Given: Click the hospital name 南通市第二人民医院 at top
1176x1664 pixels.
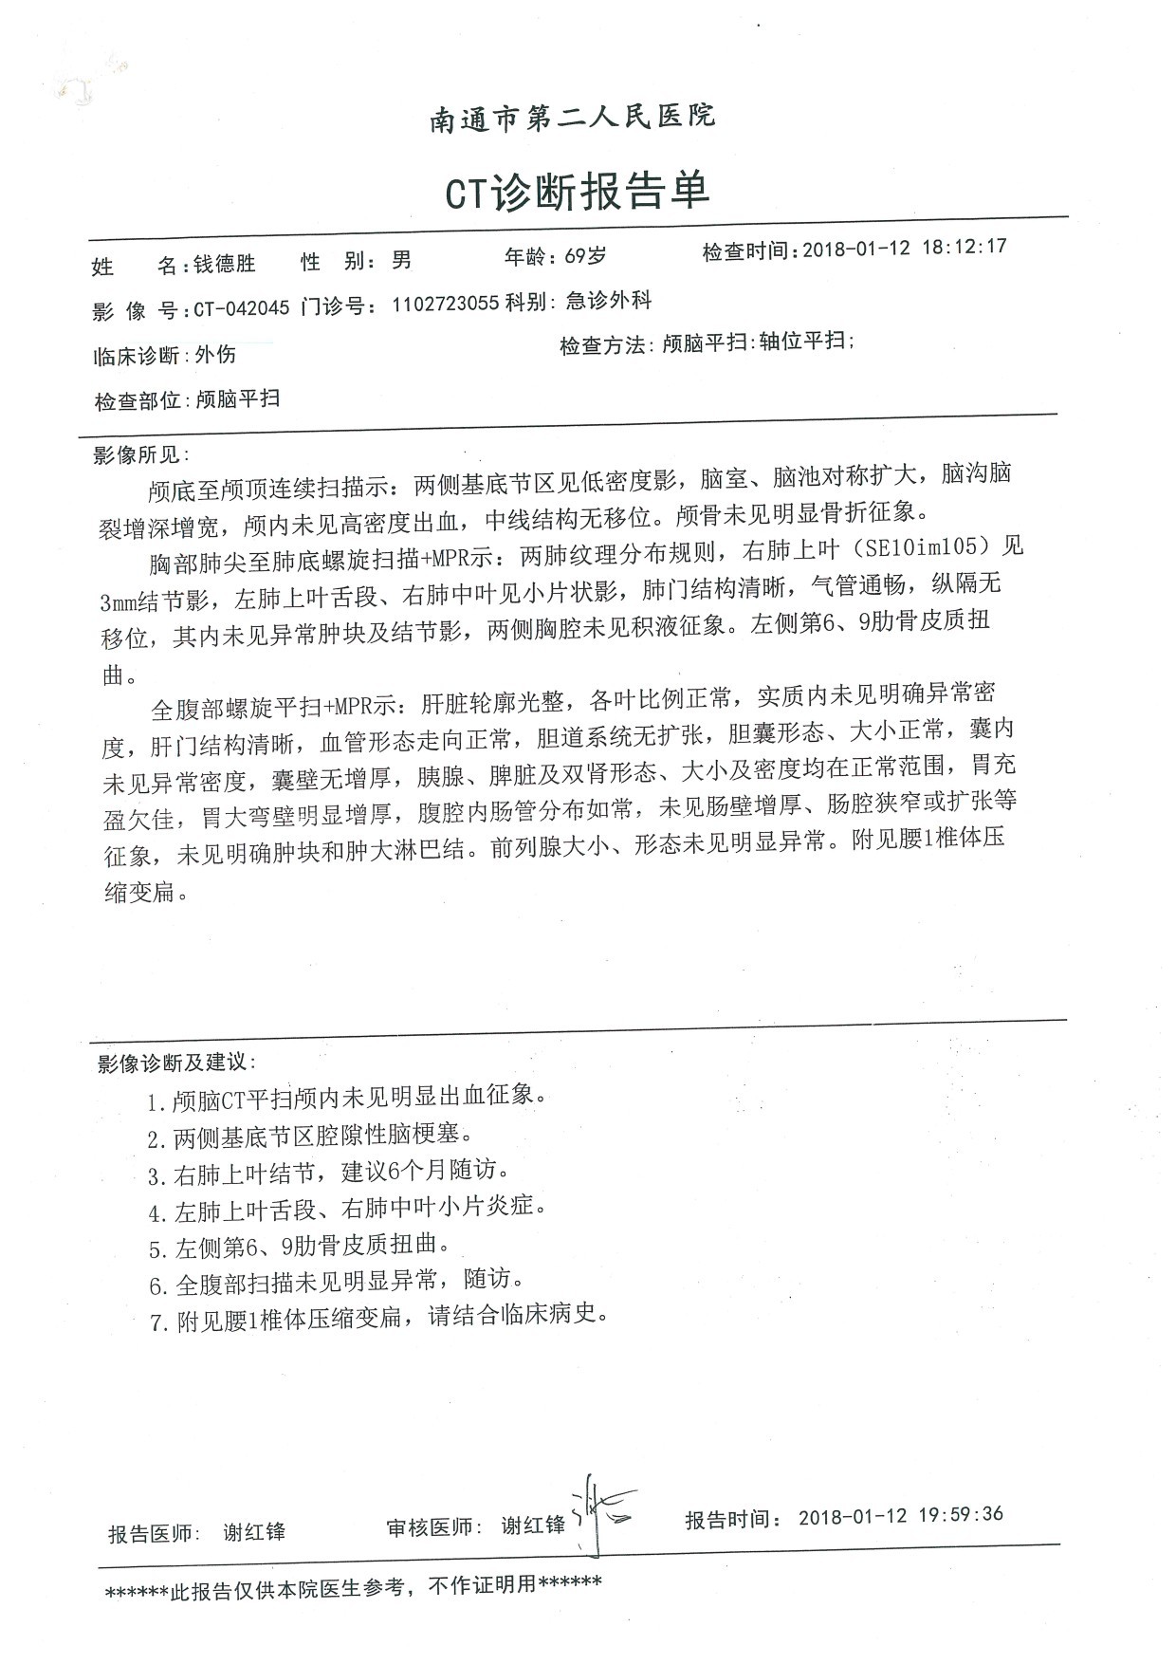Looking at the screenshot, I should coord(573,119).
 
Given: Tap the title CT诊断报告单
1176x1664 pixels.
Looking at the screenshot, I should coord(578,193).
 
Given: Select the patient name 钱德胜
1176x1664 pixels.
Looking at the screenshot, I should coord(225,264).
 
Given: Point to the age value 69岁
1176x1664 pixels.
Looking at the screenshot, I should coord(584,256).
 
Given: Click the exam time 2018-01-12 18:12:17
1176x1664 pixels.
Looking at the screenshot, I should coord(904,249).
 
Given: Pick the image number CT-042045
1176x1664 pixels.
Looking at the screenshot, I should coord(241,310).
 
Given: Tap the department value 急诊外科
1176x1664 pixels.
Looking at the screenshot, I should coord(608,302).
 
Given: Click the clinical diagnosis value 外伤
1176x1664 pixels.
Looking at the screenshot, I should coord(215,356).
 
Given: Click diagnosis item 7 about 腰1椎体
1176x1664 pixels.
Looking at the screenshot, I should coord(377,1319).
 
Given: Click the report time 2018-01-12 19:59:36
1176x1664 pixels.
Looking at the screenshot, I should coord(900,1515).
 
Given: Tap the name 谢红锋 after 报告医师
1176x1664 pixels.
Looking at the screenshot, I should coord(254,1531).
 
